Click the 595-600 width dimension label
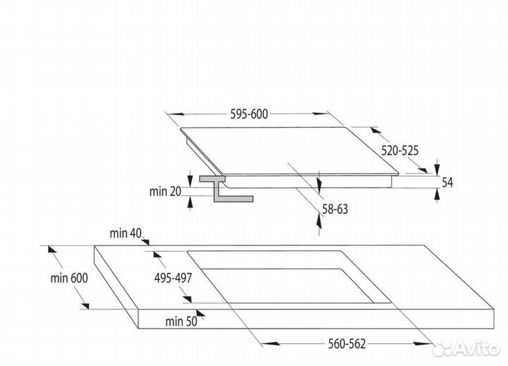249,114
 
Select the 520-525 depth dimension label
399,151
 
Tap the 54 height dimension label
447,183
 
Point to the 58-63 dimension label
335,209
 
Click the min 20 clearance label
165,191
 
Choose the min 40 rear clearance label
126,233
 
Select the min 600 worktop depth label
69,278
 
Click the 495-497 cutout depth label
173,278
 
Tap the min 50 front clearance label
181,322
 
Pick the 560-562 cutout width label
346,343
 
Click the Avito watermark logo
466,348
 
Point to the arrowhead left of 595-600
176,114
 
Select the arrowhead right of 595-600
321,114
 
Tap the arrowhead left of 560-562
270,343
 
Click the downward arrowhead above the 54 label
437,167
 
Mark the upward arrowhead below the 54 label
437,195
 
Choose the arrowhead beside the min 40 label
145,241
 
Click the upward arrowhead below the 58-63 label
319,221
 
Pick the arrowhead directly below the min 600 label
85,305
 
